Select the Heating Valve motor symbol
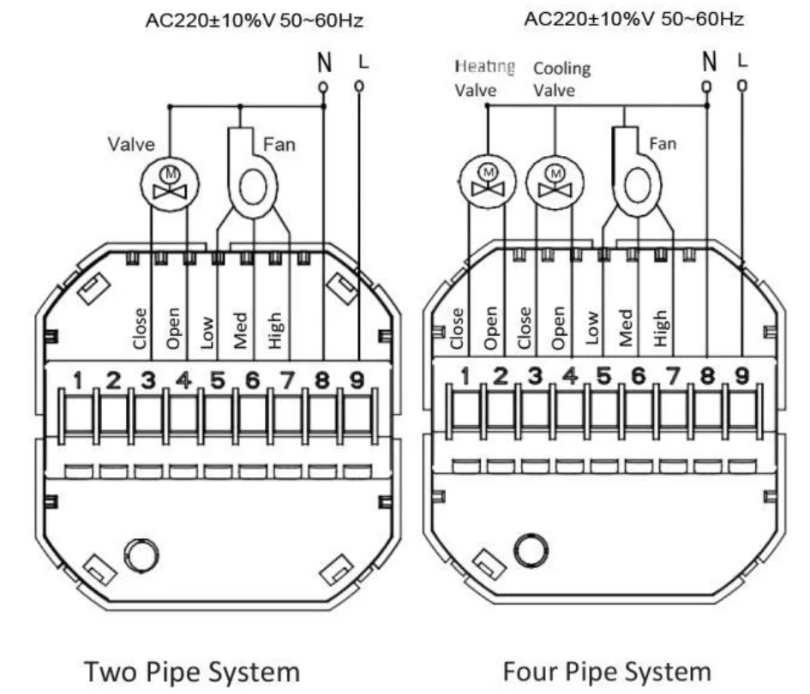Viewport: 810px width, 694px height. [487, 182]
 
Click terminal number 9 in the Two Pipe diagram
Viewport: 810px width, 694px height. [357, 380]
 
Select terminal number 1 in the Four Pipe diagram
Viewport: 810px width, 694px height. [465, 377]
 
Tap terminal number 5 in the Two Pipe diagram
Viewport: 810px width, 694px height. [218, 380]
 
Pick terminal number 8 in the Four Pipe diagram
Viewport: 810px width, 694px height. [707, 376]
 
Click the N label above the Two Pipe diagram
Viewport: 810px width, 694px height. [324, 63]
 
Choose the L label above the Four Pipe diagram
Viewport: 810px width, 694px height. [742, 61]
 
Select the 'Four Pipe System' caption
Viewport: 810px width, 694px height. [607, 672]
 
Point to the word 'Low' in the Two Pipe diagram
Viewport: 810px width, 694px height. [207, 332]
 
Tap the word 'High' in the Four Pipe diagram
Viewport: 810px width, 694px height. [661, 328]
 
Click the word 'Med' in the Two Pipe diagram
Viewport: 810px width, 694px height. [241, 331]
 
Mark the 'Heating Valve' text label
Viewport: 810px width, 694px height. [484, 79]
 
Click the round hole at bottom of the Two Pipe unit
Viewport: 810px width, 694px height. [142, 555]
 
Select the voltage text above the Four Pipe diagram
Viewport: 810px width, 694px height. [633, 19]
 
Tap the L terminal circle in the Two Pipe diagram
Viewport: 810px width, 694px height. [359, 86]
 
